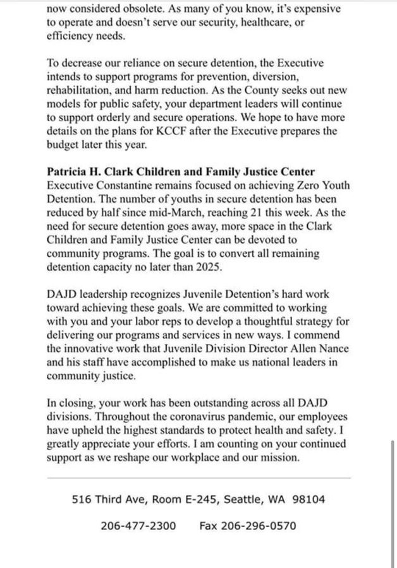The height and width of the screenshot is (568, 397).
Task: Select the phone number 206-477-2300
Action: pyautogui.click(x=138, y=525)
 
